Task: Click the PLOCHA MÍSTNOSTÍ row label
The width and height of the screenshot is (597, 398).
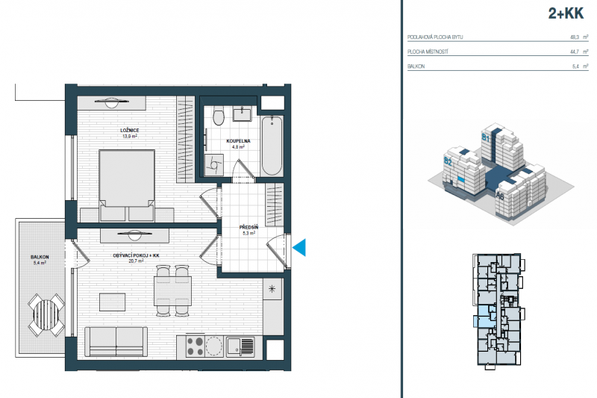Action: click(x=427, y=52)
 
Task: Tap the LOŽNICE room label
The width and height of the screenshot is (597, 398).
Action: click(x=130, y=131)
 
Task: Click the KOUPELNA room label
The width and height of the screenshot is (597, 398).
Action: click(x=238, y=140)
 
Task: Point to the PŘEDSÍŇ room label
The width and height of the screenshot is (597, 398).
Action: click(x=248, y=227)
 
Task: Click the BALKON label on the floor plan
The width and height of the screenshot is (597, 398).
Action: click(x=40, y=256)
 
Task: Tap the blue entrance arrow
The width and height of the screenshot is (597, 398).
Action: click(x=299, y=248)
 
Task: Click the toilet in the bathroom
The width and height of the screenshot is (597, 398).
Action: click(x=217, y=116)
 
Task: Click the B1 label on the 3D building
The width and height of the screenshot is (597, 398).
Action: click(x=485, y=138)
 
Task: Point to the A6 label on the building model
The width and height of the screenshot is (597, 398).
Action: click(x=501, y=197)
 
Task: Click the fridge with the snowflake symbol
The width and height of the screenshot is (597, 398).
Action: click(x=272, y=288)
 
